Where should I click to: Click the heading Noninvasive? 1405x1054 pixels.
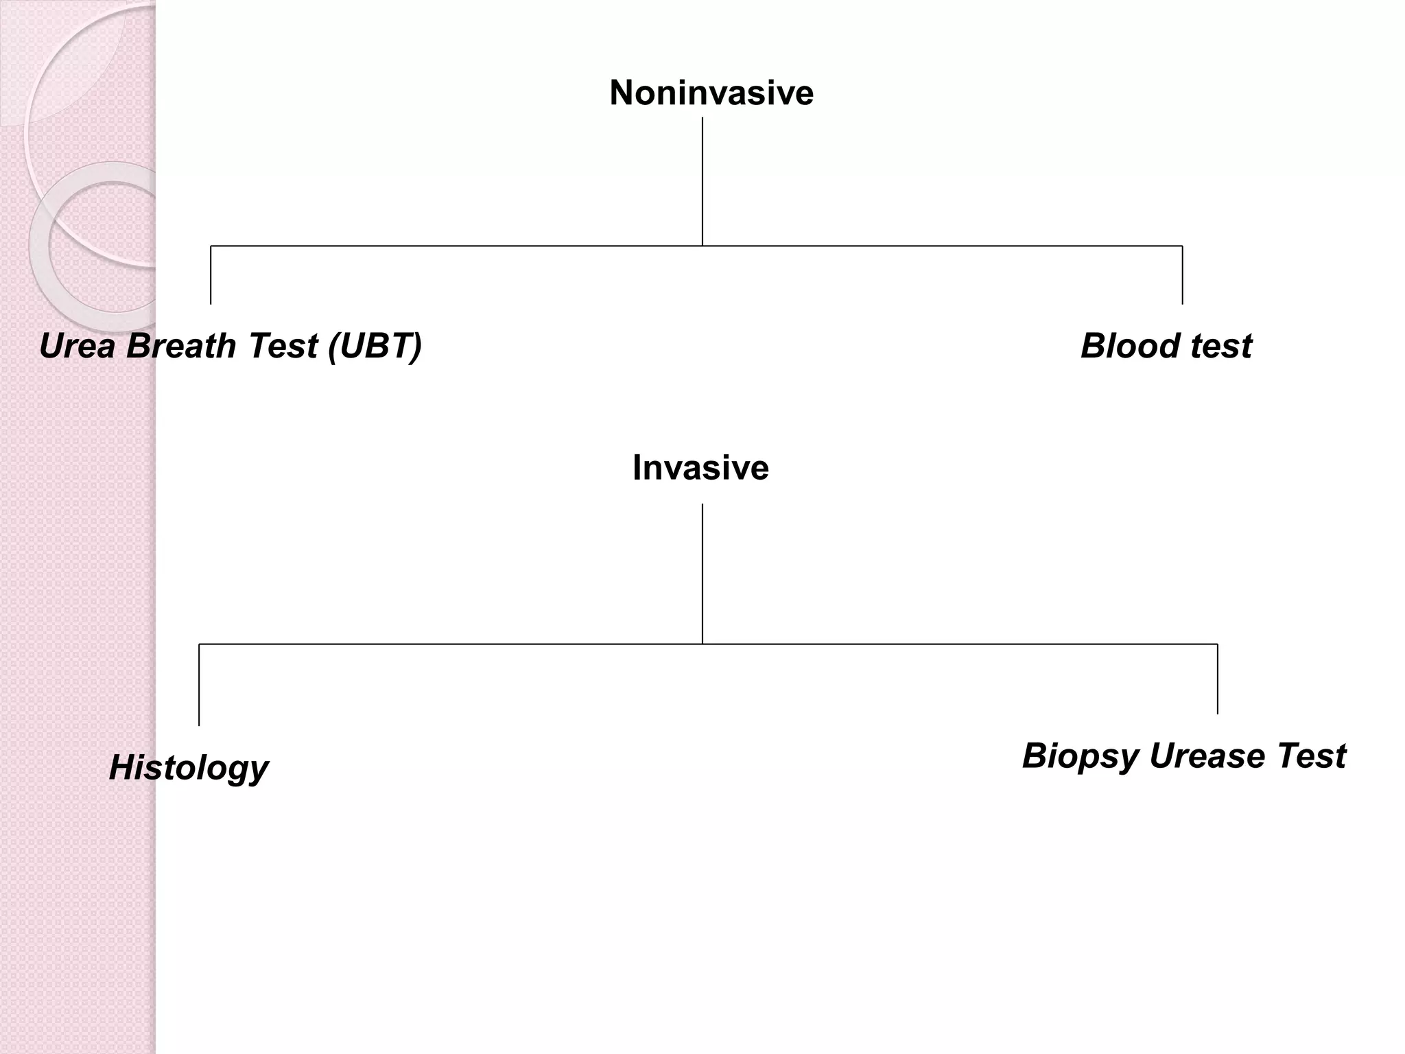coord(711,93)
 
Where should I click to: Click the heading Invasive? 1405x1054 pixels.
coord(700,468)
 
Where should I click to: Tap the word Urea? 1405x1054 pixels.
coord(77,346)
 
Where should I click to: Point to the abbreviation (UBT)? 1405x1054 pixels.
coord(375,346)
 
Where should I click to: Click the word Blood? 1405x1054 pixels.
coord(1130,346)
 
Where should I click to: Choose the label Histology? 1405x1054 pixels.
coord(189,768)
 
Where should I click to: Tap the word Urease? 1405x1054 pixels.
coord(1207,756)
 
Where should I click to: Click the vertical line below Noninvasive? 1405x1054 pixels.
coord(702,182)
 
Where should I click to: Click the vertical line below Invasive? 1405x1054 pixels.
coord(702,574)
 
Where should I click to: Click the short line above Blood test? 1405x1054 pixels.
coord(1183,275)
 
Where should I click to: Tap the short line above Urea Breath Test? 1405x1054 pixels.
coord(211,275)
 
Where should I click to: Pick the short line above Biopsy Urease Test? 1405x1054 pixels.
coord(1218,679)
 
